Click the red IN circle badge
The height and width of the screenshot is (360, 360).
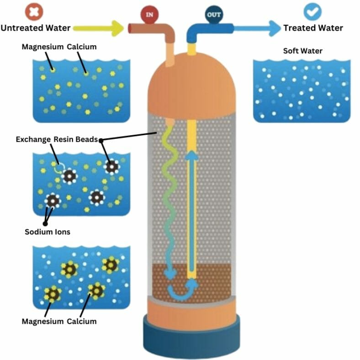[x=150, y=14]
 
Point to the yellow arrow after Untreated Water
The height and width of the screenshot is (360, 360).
[x=99, y=28]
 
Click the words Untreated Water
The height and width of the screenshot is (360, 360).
[x=36, y=28]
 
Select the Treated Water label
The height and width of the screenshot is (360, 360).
[x=313, y=28]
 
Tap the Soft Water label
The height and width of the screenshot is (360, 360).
[x=303, y=50]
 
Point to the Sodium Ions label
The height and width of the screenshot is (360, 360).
[x=48, y=232]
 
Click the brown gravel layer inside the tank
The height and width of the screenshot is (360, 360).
[x=215, y=279]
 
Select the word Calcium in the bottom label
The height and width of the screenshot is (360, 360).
[x=82, y=321]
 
